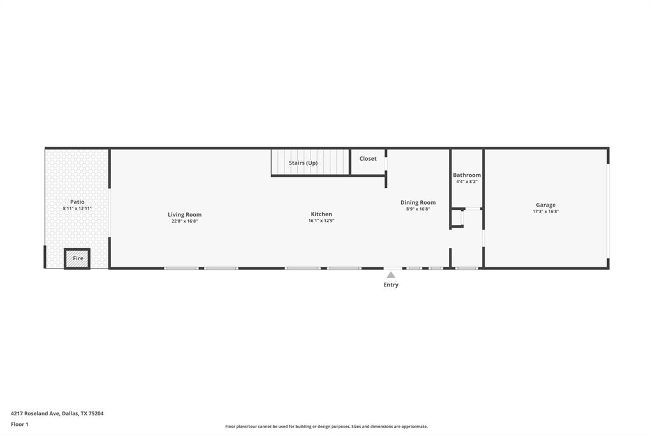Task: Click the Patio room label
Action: coord(77,202)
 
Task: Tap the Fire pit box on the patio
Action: coord(77,258)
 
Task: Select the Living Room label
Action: coord(184,214)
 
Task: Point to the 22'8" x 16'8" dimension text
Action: coord(184,221)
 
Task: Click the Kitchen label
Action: coord(321,214)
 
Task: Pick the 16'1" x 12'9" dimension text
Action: coord(321,221)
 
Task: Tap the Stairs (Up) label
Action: coord(303,163)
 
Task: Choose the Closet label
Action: coord(368,158)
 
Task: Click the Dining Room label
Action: coord(418,202)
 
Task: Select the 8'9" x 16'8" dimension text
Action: coord(418,209)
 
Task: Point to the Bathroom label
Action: coord(467,175)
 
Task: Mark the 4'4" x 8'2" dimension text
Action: coord(467,182)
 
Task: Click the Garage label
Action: coord(546,205)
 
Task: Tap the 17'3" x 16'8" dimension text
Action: coord(546,211)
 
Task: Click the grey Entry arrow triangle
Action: coord(391,275)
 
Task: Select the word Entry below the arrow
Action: coord(391,284)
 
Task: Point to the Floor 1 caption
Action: coord(20,424)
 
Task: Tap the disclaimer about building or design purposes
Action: coord(326,427)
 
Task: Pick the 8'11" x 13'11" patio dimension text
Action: coord(77,209)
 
